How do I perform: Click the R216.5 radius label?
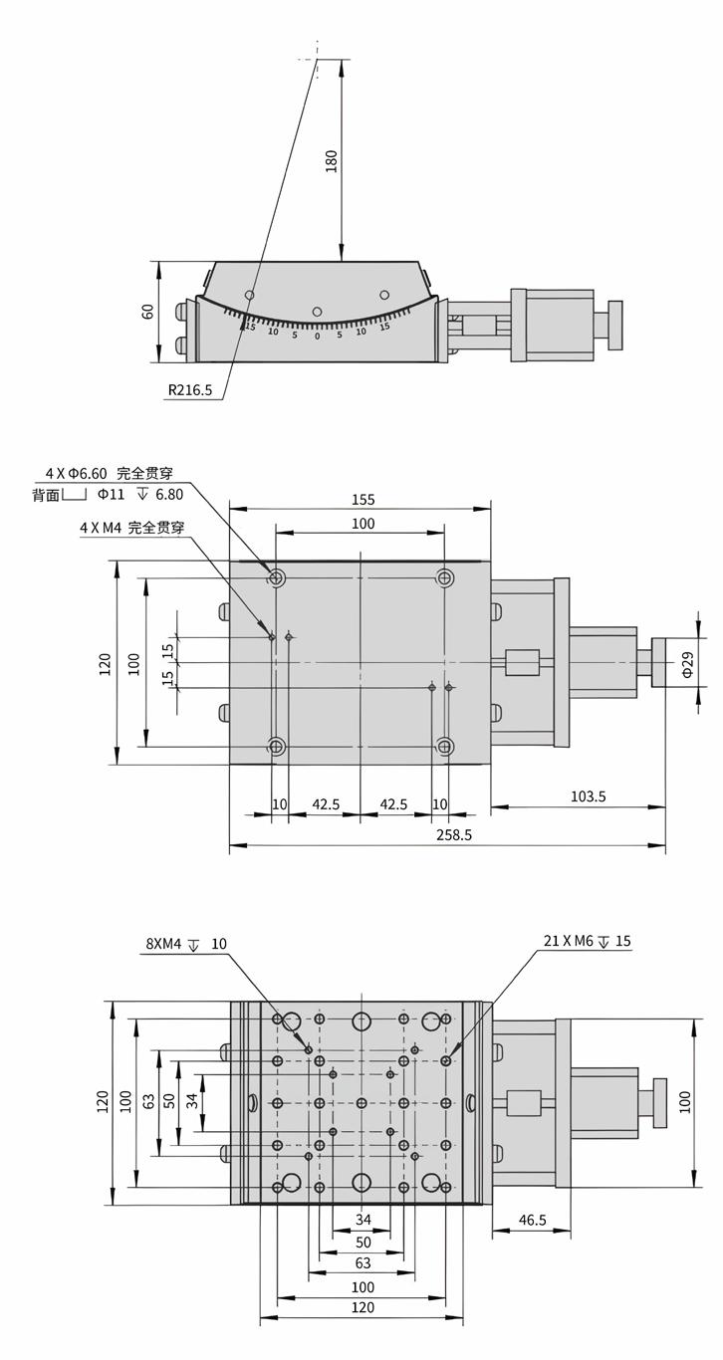pos(189,390)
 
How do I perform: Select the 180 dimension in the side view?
pos(332,160)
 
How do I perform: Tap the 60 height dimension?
pos(148,312)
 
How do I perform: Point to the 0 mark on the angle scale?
pos(317,337)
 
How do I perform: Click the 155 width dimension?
pos(362,500)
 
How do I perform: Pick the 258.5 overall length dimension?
pos(454,835)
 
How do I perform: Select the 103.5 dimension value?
pos(589,795)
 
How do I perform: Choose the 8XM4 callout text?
pos(165,944)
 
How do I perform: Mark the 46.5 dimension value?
pos(533,1220)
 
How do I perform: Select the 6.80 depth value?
pos(169,494)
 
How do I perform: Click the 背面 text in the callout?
pos(45,494)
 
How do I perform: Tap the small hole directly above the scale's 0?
pos(317,312)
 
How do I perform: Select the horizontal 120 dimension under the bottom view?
pos(362,1307)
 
